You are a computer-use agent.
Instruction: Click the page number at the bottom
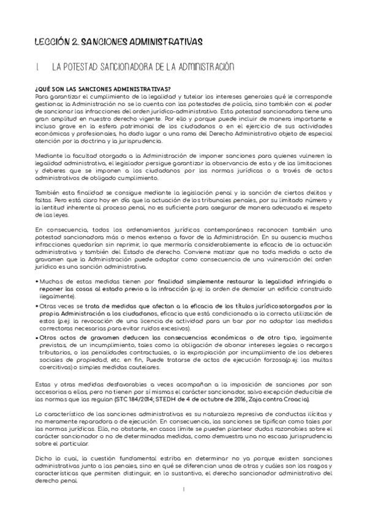(183, 489)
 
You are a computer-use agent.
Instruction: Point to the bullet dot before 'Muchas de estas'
(38, 281)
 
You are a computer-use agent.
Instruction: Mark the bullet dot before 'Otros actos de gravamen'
(38, 337)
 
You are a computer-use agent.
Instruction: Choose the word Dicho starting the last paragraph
(45, 458)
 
